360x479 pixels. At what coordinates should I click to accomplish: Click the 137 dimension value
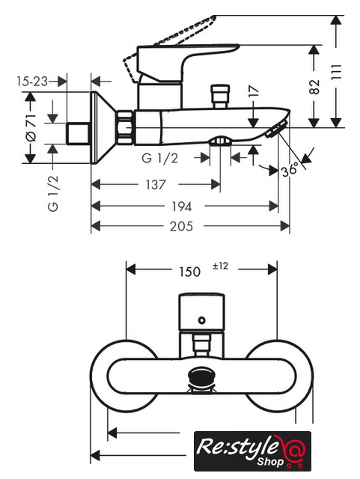click(156, 185)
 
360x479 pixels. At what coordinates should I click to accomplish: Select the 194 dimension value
click(182, 207)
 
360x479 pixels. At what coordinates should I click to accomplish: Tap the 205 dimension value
click(181, 226)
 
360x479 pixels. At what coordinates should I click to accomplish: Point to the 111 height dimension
click(336, 72)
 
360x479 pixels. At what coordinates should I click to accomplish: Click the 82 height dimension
click(314, 87)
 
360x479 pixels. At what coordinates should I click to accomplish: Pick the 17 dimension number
click(254, 92)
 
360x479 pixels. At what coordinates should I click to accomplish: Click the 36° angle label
click(290, 169)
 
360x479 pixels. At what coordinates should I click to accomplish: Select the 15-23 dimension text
click(32, 82)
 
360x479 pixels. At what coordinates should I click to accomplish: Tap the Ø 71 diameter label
click(31, 128)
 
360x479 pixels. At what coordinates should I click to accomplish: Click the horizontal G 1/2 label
click(160, 158)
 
